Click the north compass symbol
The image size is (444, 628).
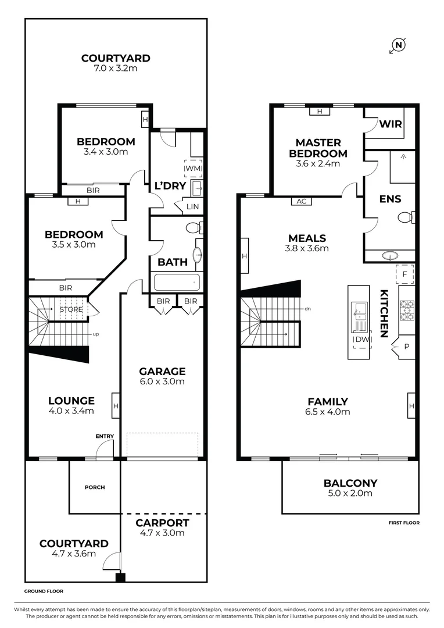pos(398,45)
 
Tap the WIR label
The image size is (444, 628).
pos(391,124)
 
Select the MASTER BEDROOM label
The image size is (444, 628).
pos(318,148)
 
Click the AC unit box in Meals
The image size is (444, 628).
pos(301,201)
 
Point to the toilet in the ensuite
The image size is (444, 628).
pos(406,217)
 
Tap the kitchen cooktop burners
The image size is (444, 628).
pos(406,309)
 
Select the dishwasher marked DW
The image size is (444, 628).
pos(362,339)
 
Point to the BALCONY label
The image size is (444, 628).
pos(350,483)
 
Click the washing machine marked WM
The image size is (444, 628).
pos(193,169)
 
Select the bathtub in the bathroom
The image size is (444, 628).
pos(177,283)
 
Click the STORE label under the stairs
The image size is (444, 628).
pos(71,310)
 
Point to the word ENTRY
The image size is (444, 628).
pos(105,436)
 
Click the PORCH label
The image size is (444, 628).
pos(94,487)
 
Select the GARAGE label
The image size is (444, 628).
pos(162,371)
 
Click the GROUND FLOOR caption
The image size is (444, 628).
pos(44,591)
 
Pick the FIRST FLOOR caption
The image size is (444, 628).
pos(404,523)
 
